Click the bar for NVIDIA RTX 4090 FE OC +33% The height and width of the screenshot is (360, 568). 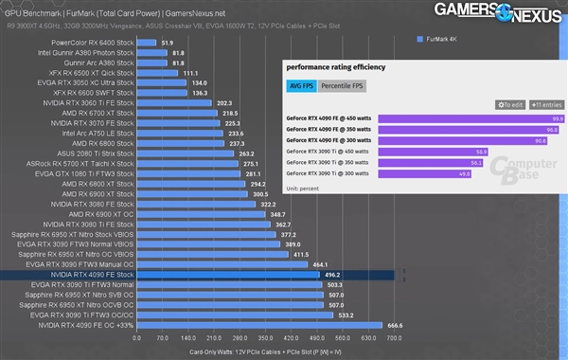259,325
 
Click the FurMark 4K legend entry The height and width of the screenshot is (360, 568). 442,39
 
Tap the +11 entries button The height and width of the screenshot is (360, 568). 546,104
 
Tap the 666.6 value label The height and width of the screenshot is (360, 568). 396,325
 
